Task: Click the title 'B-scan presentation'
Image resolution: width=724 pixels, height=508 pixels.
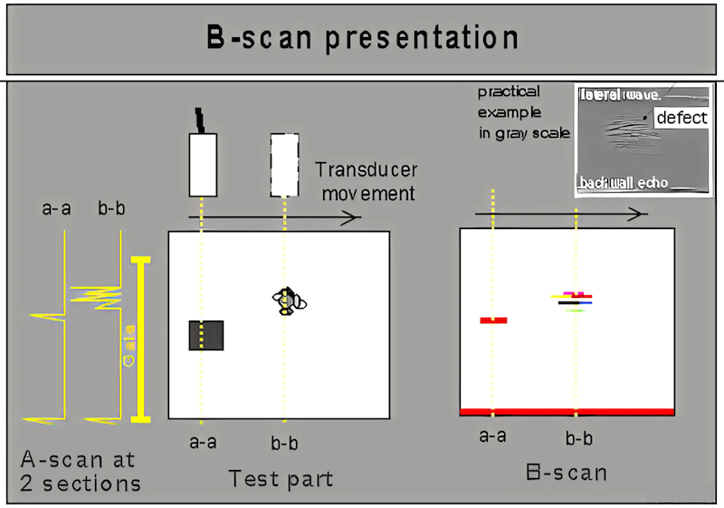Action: point(362,39)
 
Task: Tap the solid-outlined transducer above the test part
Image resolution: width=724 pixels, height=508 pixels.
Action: point(203,164)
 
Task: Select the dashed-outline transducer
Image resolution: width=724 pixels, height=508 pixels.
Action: point(285,164)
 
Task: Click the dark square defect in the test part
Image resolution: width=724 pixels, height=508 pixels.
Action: point(206,335)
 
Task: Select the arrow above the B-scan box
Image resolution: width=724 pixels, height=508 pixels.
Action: point(561,214)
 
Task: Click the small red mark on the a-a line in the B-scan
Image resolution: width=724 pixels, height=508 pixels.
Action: point(493,320)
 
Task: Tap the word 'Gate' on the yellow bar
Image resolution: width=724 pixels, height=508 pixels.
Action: point(130,344)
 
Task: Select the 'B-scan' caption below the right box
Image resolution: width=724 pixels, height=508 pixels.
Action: point(566,472)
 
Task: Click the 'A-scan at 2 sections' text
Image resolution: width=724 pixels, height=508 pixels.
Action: point(81,471)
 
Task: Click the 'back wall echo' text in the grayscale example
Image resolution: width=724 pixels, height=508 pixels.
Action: point(624,184)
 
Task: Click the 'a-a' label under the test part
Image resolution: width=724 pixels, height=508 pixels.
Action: point(203,443)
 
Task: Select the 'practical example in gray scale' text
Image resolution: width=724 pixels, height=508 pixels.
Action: point(523,112)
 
